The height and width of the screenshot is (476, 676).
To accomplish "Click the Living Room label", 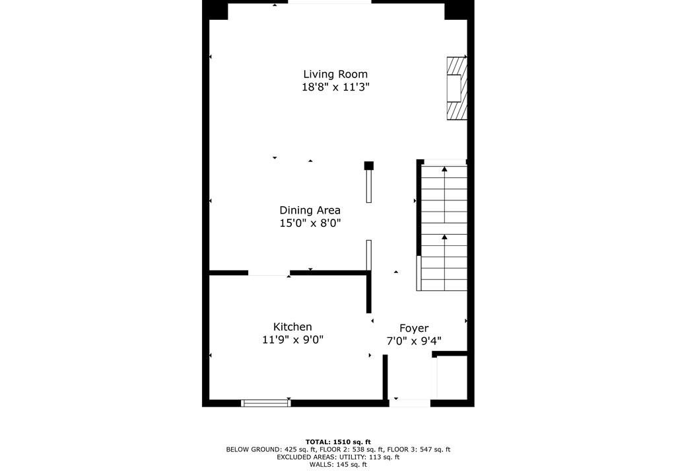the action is [x=335, y=74].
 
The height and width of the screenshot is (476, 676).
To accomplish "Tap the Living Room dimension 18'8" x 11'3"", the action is [x=335, y=87].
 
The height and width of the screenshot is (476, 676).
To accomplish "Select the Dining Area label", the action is [x=310, y=210].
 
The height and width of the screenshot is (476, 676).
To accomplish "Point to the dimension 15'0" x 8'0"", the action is [x=310, y=223].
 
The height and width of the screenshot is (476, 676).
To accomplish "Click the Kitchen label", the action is [x=292, y=327].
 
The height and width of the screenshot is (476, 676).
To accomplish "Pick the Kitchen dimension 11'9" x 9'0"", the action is [x=292, y=340].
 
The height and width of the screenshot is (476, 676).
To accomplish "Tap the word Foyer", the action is [x=414, y=329].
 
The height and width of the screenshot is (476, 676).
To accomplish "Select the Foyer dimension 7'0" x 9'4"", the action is [x=414, y=341].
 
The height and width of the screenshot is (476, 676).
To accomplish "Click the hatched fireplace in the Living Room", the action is [x=457, y=88].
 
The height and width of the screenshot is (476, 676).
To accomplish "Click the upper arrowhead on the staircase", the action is [x=444, y=169].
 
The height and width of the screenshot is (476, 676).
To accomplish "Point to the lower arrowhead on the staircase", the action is [x=444, y=237].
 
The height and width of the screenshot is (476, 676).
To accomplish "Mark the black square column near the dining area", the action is [x=369, y=165].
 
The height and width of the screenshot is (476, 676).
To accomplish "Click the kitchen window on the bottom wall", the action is [x=266, y=403].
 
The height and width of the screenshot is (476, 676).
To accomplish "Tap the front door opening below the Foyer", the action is [x=409, y=403].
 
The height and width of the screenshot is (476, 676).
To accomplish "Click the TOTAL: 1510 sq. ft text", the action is [x=338, y=442].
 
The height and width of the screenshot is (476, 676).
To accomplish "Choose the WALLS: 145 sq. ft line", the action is [x=338, y=465].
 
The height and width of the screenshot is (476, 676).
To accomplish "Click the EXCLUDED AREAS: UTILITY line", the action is [x=338, y=457].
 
